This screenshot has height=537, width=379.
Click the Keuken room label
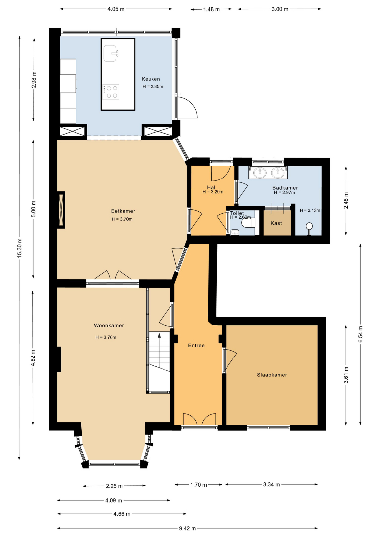(151, 79)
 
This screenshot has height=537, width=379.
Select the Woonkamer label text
(109, 325)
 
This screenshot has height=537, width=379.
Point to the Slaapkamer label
(272, 375)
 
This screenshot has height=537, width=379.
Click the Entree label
(196, 345)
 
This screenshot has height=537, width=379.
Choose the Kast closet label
(276, 223)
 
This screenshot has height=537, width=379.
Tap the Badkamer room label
(285, 187)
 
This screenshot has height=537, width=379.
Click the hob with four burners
(111, 92)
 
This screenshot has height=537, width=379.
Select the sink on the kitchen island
(111, 53)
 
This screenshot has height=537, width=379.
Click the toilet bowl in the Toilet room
(248, 223)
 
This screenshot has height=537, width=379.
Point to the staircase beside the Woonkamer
(159, 361)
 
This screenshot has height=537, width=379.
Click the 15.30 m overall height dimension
(20, 247)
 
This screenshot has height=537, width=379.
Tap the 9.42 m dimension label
(187, 528)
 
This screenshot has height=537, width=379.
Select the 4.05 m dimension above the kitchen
(116, 9)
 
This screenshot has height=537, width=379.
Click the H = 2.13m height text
(310, 210)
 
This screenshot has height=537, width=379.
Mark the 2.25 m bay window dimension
(114, 486)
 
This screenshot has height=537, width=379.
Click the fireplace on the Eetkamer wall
(61, 210)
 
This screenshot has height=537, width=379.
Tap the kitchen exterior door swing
(187, 107)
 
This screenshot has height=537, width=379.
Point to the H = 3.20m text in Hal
(213, 192)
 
